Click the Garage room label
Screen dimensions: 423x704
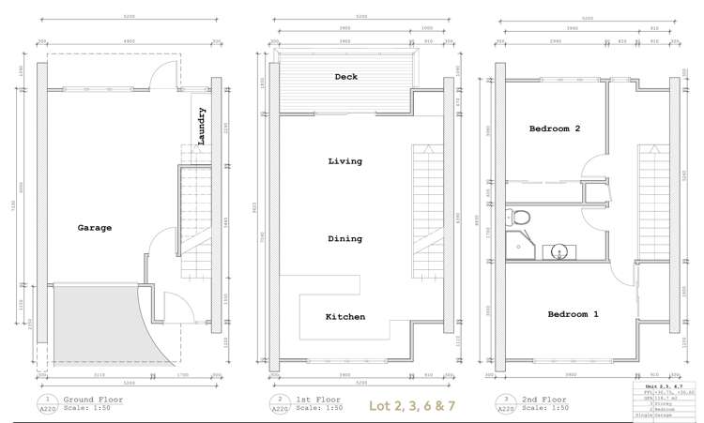point(95,227)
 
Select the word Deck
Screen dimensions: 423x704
point(345,77)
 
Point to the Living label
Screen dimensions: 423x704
point(344,161)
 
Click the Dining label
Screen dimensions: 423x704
point(344,238)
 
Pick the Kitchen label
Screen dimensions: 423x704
point(344,316)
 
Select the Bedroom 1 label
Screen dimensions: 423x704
point(574,313)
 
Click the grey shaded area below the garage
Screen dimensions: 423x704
point(94,324)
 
